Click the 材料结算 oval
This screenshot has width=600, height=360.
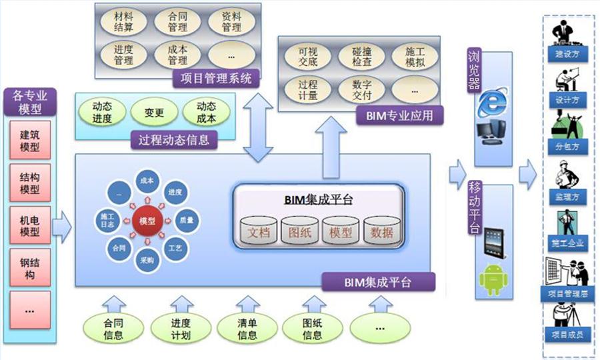pos(123,22)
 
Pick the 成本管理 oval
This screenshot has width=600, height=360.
pos(177,55)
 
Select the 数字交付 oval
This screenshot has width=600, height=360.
pos(355,89)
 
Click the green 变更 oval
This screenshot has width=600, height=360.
pos(154,113)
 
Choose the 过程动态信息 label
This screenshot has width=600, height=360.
pos(174,140)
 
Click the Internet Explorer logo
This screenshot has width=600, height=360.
pos(493,102)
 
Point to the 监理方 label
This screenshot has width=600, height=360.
pos(567,197)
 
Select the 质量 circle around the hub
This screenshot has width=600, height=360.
pos(186,219)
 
